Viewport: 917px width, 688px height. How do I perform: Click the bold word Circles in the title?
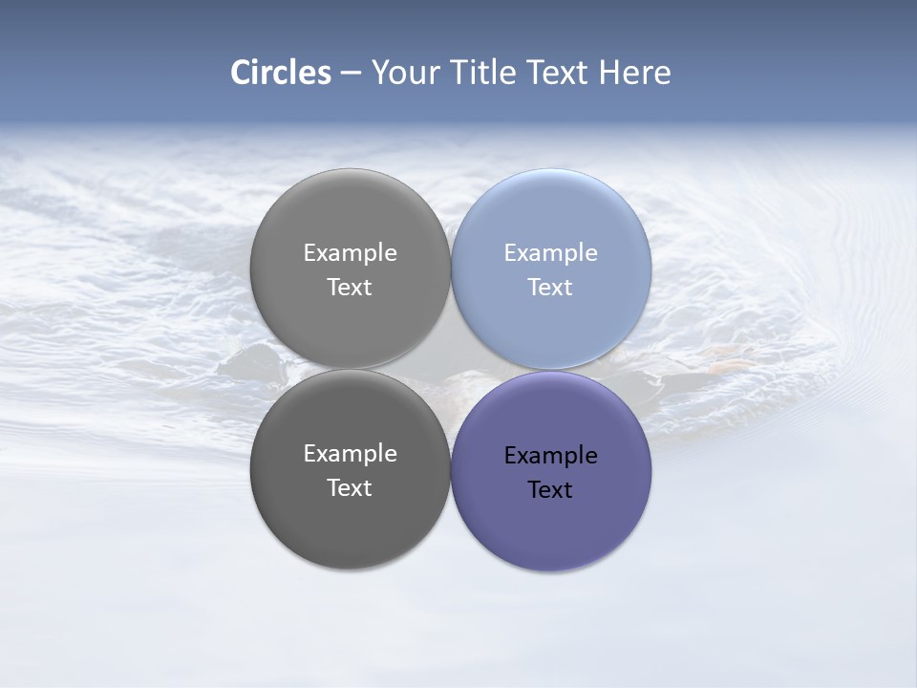click(281, 73)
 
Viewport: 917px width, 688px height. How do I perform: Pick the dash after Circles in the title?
click(351, 74)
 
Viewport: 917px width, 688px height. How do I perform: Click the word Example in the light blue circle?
click(550, 252)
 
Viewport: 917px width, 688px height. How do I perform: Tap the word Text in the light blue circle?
click(550, 287)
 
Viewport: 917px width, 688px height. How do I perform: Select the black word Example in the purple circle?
click(550, 455)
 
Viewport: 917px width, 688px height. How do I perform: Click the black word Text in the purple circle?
click(550, 489)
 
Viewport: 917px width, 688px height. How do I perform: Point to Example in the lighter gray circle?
click(350, 252)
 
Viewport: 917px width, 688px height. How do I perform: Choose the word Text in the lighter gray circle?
click(350, 287)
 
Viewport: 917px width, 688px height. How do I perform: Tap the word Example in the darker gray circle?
click(350, 453)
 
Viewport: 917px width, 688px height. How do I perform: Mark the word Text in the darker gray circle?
click(350, 487)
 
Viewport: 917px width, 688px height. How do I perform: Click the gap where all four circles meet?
click(450, 369)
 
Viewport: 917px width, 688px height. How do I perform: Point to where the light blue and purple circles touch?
click(551, 370)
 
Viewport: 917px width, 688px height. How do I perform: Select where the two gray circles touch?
click(350, 369)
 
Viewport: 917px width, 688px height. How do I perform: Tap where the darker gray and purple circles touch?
click(450, 470)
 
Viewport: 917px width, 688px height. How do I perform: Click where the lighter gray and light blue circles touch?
click(450, 269)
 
